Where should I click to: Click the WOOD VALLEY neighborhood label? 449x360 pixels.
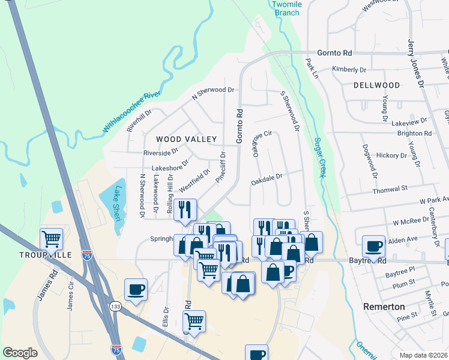(186, 139)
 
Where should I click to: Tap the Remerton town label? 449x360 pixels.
(384, 306)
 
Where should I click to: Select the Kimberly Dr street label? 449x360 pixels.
(345, 70)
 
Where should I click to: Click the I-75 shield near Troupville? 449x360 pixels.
(87, 255)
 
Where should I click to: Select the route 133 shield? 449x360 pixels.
(115, 307)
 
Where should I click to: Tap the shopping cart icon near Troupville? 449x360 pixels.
(52, 239)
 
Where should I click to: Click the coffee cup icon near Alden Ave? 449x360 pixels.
(373, 246)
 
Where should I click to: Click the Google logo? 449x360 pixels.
(20, 353)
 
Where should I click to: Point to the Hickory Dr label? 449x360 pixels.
(391, 155)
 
